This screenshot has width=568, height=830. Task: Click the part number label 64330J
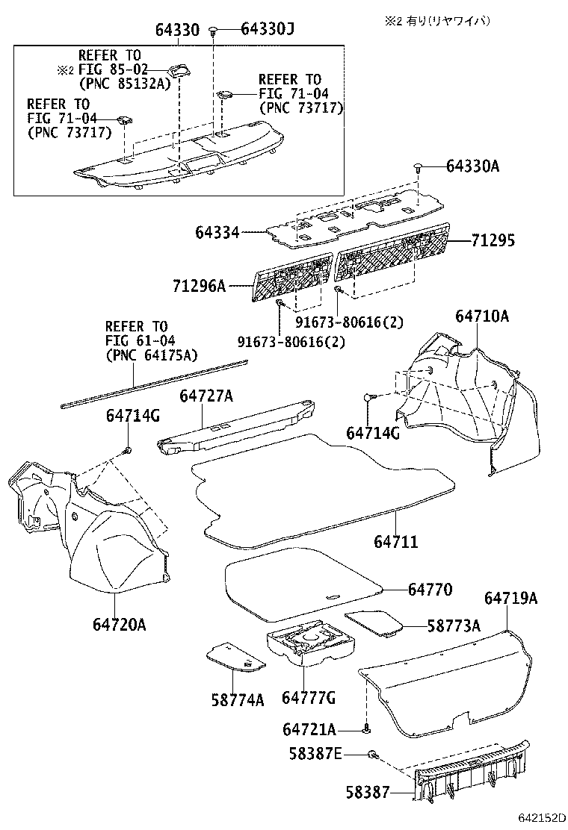(268, 30)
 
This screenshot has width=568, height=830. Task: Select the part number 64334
(217, 233)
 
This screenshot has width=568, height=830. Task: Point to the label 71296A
(200, 286)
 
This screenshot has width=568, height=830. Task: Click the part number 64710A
(482, 316)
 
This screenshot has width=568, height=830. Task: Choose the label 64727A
(206, 396)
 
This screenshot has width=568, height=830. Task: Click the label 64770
(430, 589)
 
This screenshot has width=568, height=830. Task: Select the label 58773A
(453, 626)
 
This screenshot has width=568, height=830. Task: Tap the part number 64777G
(308, 698)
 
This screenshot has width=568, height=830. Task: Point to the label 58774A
(238, 699)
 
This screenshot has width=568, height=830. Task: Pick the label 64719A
(510, 599)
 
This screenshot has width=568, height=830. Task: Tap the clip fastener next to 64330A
(419, 166)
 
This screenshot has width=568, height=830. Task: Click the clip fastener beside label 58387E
(374, 757)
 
